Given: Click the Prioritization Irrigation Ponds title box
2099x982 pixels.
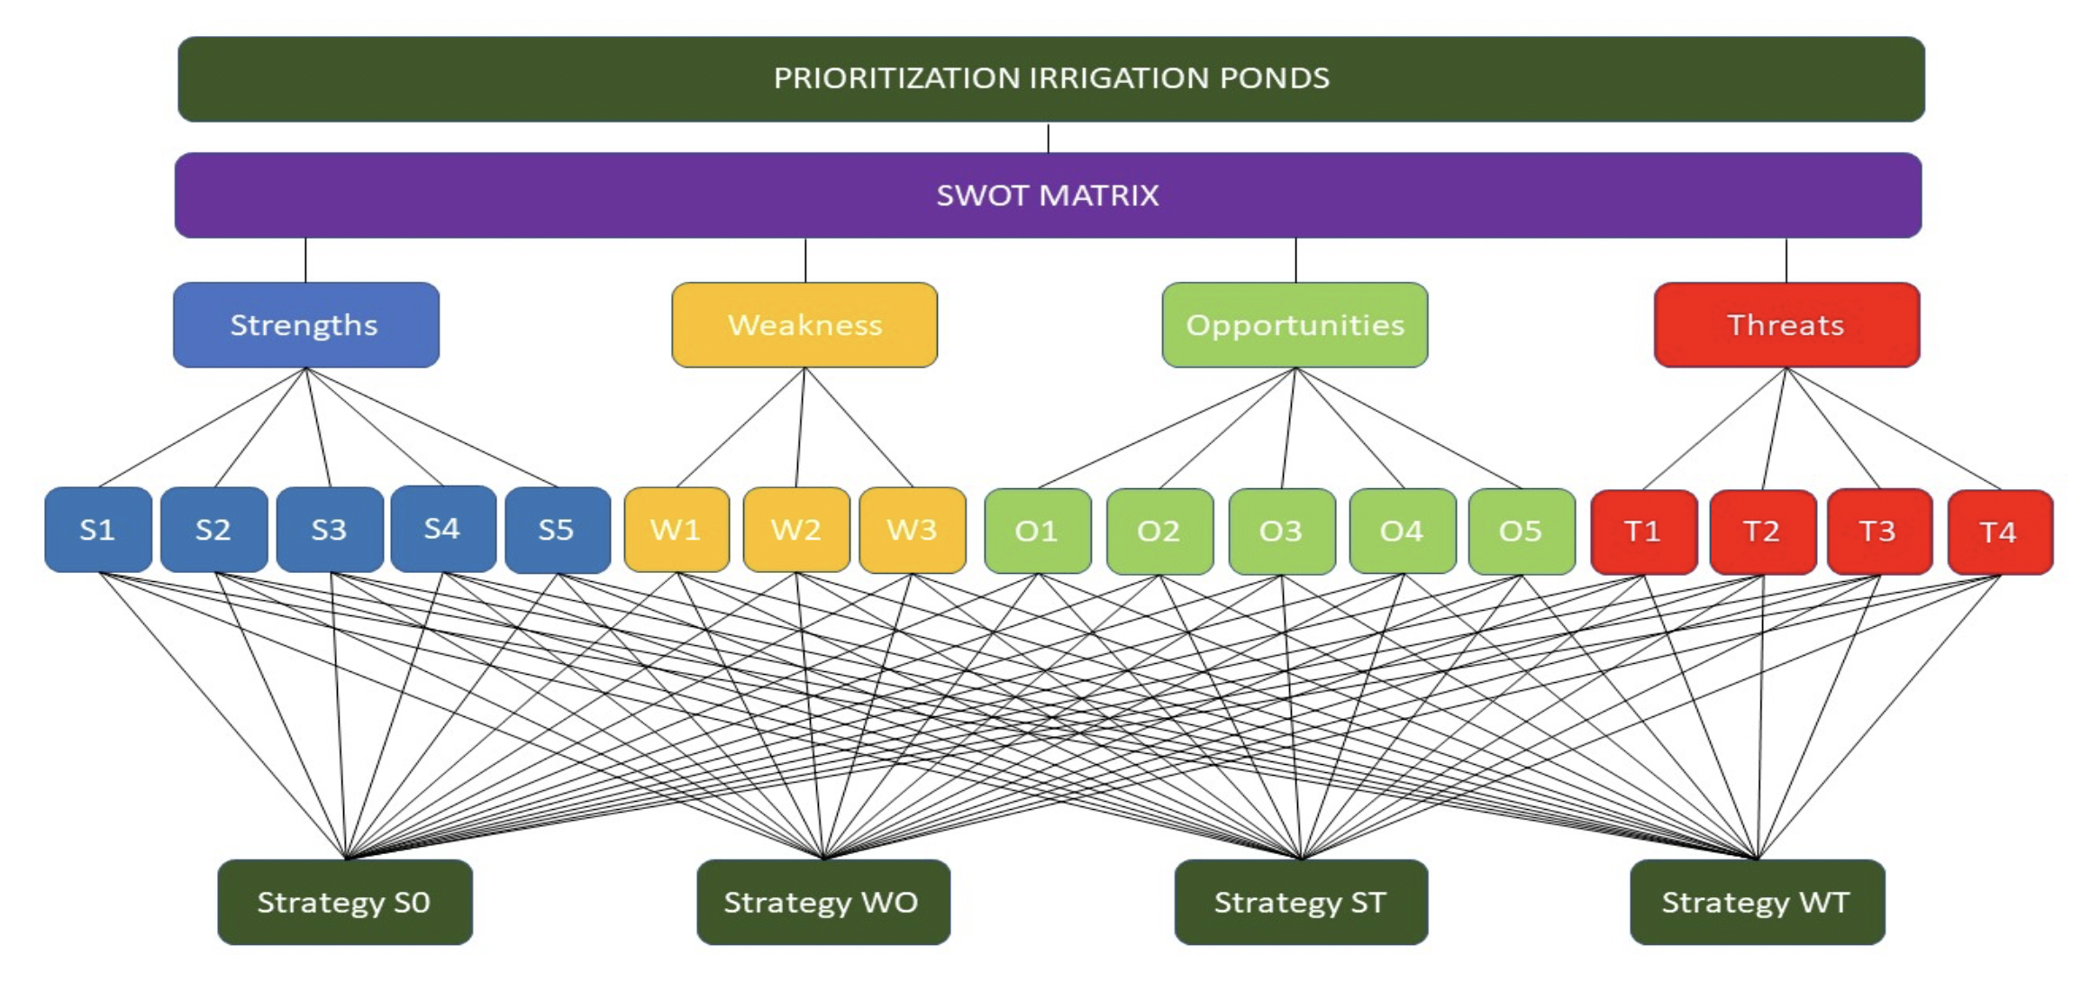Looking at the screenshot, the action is coord(1051,79).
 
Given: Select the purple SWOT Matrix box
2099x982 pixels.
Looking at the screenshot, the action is coord(1048,195).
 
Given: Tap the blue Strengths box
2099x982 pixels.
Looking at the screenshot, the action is coord(306,324).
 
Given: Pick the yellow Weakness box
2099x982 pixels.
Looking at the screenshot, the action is coord(804,324).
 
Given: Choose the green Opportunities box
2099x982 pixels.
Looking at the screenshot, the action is coord(1295,324).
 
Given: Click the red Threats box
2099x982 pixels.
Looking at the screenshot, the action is coord(1786,324).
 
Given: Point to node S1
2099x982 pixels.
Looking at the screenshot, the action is coord(98,530).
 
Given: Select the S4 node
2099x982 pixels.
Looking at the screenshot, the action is coord(443,529).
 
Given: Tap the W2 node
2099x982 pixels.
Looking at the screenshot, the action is coord(796,530).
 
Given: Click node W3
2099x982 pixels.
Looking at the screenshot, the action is coord(913,530).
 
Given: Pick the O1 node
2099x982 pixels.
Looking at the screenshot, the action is coord(1038,532).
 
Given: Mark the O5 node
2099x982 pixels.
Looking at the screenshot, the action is coord(1522,532).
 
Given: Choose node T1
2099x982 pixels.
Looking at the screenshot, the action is coord(1644,532).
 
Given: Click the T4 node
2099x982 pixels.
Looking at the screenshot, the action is coord(2001,532).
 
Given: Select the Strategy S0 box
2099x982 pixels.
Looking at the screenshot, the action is coord(345,902).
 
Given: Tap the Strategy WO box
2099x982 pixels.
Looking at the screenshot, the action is coord(823,902).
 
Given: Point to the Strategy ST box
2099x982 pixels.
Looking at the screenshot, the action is coord(1301,902).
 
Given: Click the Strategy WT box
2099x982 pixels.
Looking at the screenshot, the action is coord(1758,902).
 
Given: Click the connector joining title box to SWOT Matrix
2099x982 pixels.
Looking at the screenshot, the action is coord(1048,138).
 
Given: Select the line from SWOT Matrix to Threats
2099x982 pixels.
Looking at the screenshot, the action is coord(1786,260).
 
